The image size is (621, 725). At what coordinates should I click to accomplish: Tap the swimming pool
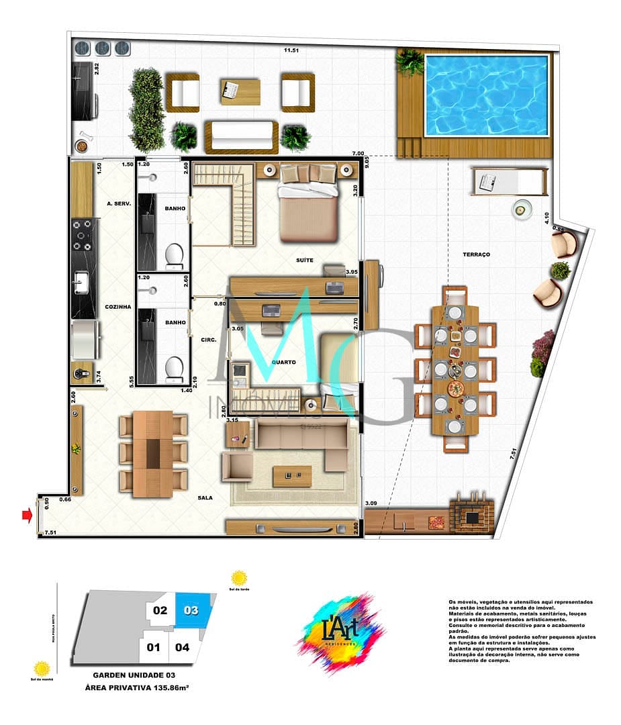[487, 95]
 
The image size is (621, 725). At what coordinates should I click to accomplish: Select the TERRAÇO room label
[476, 255]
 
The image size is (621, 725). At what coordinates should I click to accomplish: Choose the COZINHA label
[117, 307]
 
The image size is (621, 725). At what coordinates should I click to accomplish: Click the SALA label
[206, 497]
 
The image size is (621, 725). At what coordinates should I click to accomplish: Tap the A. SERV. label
[117, 203]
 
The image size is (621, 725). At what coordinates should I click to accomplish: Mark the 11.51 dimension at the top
[291, 50]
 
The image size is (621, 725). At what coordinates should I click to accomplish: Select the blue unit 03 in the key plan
[193, 612]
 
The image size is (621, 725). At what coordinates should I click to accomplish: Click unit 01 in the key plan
[154, 648]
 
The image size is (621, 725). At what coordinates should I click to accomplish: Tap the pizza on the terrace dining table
[455, 388]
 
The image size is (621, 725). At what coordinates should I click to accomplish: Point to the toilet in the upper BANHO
[175, 254]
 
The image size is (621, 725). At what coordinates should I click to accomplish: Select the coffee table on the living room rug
[292, 475]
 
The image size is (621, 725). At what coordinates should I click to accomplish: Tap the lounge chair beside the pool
[508, 179]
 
